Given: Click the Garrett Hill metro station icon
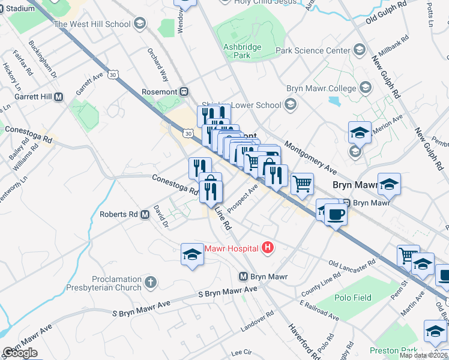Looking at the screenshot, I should coord(59,97).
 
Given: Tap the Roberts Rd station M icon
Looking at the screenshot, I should coord(145,214).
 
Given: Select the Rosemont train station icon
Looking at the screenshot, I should coord(184,92).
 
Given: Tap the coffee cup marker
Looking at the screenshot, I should coord(336,214).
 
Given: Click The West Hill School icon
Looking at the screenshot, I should coord(139,24).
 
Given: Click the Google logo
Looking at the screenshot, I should coord(20,353).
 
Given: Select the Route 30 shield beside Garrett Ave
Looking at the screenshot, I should coord(114,74).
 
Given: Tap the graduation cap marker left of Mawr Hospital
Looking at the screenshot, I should coord(192,255).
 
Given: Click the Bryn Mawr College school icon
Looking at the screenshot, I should coord(365,89).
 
